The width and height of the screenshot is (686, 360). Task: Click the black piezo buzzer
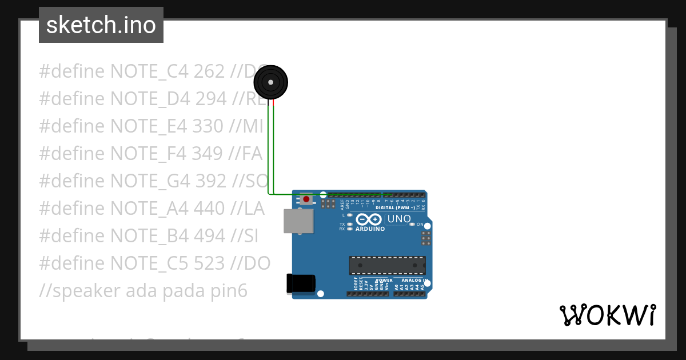[270, 83]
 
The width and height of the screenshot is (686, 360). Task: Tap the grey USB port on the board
[298, 221]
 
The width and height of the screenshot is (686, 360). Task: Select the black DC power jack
[301, 283]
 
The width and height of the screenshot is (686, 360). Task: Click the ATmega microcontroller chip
[387, 265]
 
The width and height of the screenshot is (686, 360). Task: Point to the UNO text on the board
[399, 219]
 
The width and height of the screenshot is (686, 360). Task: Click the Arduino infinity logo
[369, 219]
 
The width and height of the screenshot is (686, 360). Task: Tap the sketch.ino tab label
[101, 25]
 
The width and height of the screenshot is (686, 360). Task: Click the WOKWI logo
[608, 315]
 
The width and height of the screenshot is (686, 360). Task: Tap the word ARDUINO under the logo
[369, 229]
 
